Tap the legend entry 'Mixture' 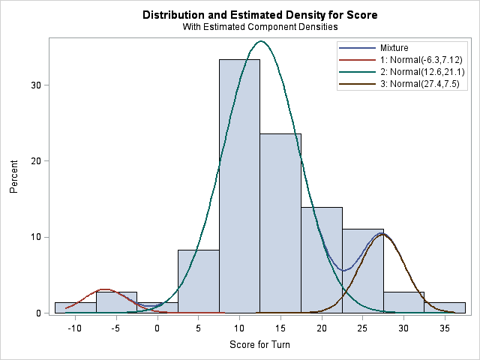coord(394,47)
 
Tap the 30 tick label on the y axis coord(35,85)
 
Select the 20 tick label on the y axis coord(35,161)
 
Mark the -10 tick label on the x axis coord(75,328)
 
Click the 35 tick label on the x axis coord(444,328)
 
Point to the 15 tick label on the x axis coord(280,328)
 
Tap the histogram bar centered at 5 coord(198,281)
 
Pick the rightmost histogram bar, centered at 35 coord(445,307)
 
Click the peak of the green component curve coord(260,41)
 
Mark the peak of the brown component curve coord(382,234)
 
